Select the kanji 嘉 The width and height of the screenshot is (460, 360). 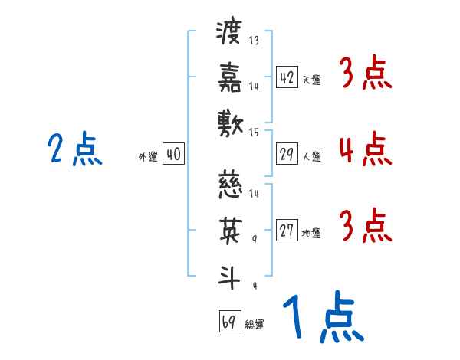coord(229,79)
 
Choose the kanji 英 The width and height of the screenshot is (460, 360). coord(229,231)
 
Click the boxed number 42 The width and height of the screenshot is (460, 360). coord(287,77)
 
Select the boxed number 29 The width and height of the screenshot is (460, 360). coord(287,154)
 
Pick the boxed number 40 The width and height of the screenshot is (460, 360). coord(173,154)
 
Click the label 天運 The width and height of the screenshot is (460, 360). coord(311,80)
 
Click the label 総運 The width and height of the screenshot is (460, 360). coord(255,324)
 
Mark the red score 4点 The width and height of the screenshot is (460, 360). coord(365,149)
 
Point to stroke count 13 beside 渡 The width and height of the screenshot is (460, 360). coord(254,41)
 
